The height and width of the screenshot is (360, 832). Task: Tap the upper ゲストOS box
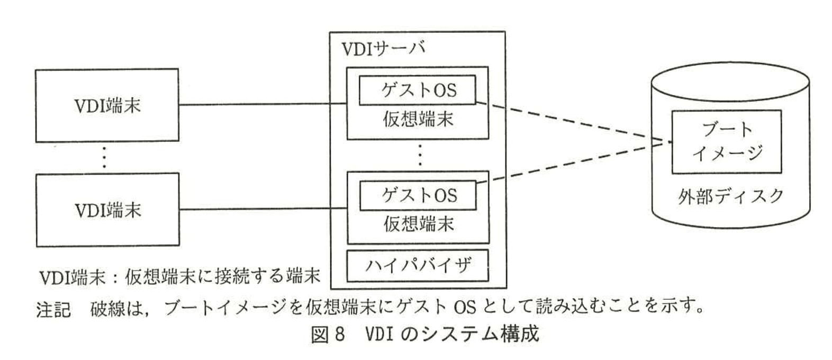(x=418, y=90)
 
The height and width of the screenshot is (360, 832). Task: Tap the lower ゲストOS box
(x=418, y=195)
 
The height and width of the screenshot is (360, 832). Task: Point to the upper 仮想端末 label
(x=418, y=119)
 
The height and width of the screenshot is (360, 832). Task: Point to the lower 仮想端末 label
(x=418, y=224)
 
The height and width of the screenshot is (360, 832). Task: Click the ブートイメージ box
(x=726, y=141)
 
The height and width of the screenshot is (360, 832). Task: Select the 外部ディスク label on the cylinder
(x=730, y=197)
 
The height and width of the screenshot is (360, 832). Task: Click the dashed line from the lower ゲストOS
(x=572, y=162)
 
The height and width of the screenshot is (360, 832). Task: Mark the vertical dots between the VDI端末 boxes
(x=105, y=157)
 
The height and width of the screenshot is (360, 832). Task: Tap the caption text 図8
(x=328, y=335)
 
